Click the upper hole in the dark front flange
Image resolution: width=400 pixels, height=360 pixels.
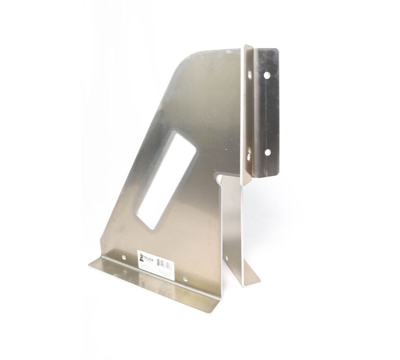point(267,75)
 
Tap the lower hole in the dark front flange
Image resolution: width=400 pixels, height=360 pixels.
point(268,152)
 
